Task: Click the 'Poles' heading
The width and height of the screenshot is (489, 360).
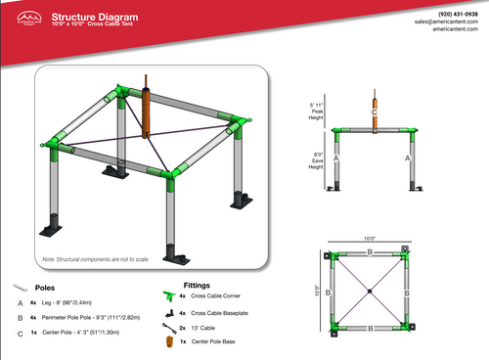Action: click(45, 289)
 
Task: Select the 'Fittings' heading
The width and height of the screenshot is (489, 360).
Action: click(198, 285)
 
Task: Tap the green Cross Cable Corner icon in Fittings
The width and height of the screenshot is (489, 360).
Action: click(166, 294)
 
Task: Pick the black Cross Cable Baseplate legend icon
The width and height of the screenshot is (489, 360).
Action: click(167, 312)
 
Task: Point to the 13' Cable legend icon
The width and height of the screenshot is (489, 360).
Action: click(167, 328)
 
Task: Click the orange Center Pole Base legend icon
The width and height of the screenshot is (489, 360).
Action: click(167, 342)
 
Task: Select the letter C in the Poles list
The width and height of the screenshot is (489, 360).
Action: click(20, 333)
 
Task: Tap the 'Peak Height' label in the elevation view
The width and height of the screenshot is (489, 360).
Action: click(316, 110)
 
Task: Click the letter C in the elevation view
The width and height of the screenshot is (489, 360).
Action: click(374, 112)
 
